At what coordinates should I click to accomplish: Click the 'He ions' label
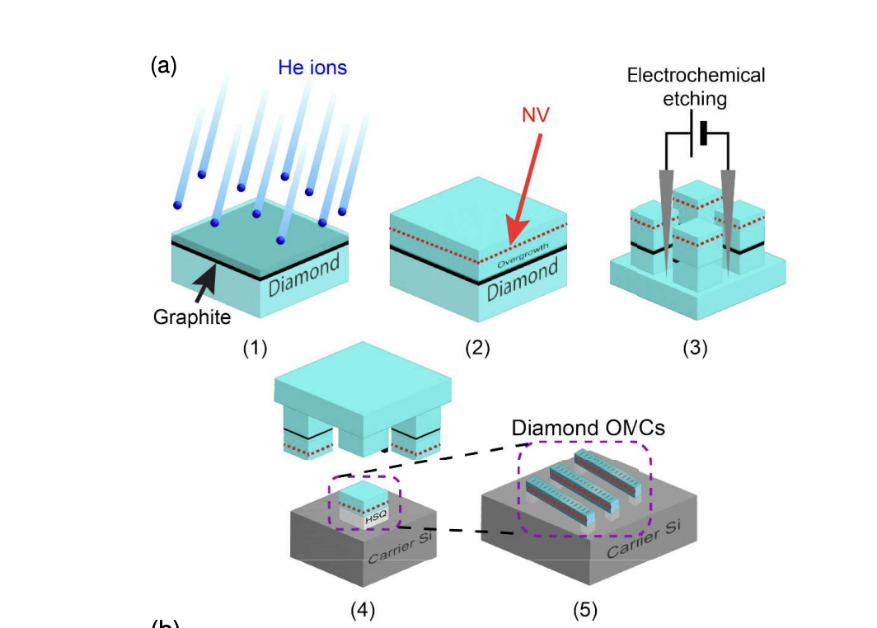click(x=312, y=68)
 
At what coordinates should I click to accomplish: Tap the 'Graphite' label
click(x=192, y=317)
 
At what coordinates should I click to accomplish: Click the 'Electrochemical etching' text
click(x=696, y=87)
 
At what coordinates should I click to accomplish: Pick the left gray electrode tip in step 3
click(x=665, y=223)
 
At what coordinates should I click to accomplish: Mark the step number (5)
click(x=585, y=611)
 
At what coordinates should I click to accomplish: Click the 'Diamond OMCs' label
click(x=588, y=429)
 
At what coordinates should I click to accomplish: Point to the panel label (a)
click(x=163, y=66)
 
